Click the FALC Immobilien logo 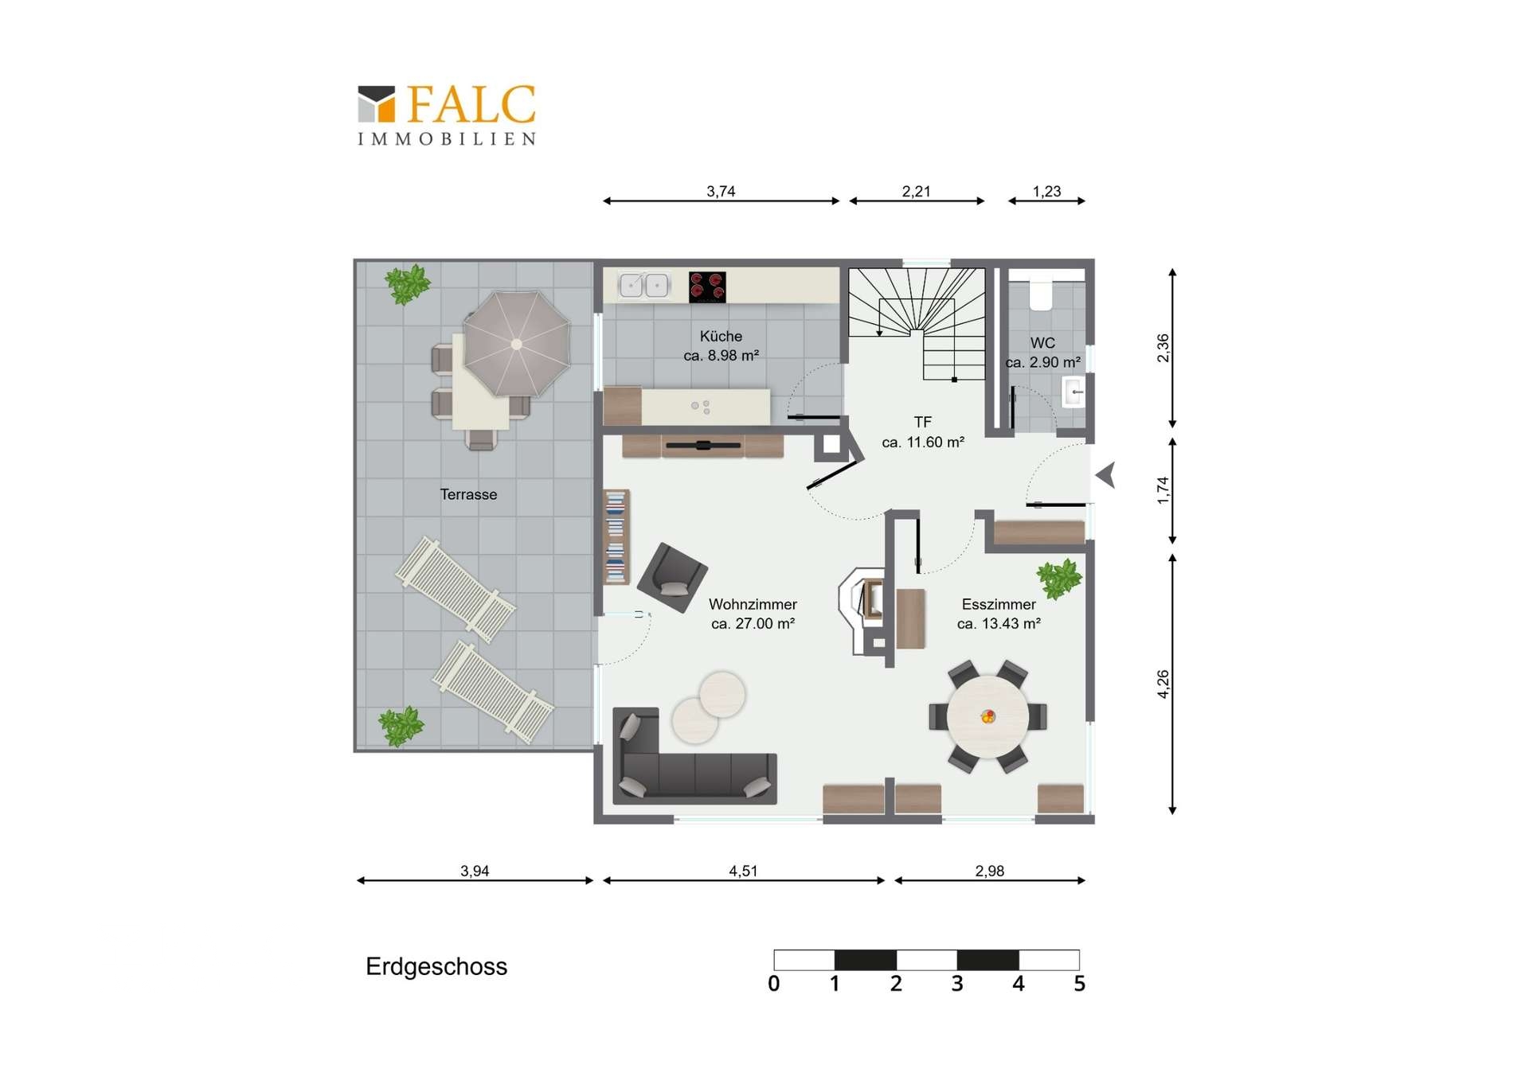[x=446, y=115]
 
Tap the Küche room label [x=721, y=337]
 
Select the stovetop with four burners [x=707, y=287]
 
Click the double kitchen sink [x=644, y=285]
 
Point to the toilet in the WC [x=1041, y=294]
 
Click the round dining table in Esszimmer [x=987, y=716]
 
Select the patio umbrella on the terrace [x=517, y=344]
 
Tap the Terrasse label [x=468, y=494]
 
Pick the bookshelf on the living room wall [x=616, y=537]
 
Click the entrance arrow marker [x=1105, y=476]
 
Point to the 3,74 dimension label [x=721, y=191]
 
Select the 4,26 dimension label [x=1163, y=684]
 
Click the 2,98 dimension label [x=990, y=871]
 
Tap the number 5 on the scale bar [x=1079, y=984]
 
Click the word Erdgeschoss [x=436, y=967]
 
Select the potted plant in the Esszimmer [x=1059, y=579]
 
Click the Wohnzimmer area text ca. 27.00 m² [x=753, y=624]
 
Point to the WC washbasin [x=1073, y=392]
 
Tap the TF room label [x=922, y=423]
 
